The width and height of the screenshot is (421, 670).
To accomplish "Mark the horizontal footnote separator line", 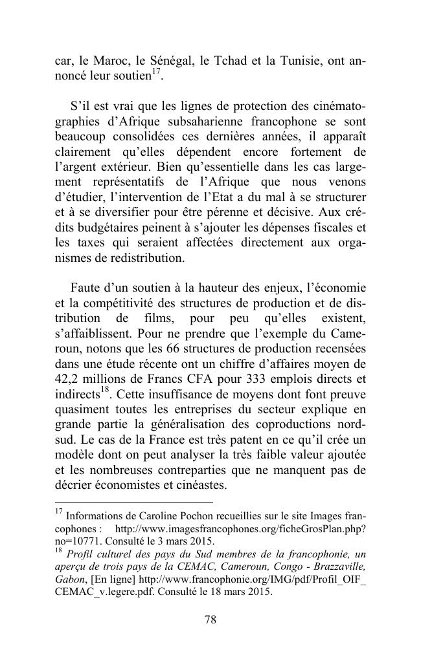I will (134, 502).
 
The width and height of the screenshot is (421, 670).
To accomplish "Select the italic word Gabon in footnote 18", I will (69, 579).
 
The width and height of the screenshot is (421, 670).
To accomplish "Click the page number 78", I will (210, 620).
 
